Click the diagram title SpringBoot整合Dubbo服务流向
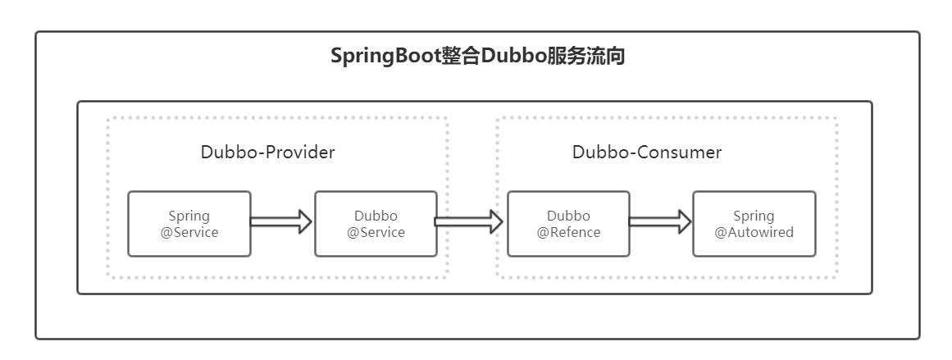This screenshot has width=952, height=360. coord(477,57)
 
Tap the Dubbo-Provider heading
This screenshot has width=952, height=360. coord(268,153)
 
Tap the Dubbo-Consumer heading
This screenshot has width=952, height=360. coord(647,153)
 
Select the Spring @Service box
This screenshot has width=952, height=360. coord(189,223)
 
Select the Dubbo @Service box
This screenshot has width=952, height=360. coord(376,223)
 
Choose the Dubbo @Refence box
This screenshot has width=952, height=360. coord(568,223)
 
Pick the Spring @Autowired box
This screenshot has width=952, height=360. coord(754,223)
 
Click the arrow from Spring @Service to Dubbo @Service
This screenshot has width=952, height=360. coord(281,221)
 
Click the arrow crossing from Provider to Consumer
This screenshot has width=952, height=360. coord(468,221)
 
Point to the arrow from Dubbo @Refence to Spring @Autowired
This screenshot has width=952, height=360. coord(660,221)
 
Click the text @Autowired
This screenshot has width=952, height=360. coord(754,232)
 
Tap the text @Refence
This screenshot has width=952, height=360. coord(568,232)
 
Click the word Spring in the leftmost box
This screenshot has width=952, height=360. coord(189,216)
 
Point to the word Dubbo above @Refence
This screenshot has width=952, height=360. coord(568,216)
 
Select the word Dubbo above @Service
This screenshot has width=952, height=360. coord(376,216)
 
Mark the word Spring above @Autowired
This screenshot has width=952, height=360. coord(754,216)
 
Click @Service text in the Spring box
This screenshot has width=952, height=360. coord(189,232)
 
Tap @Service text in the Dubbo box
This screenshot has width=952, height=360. coord(376,232)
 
